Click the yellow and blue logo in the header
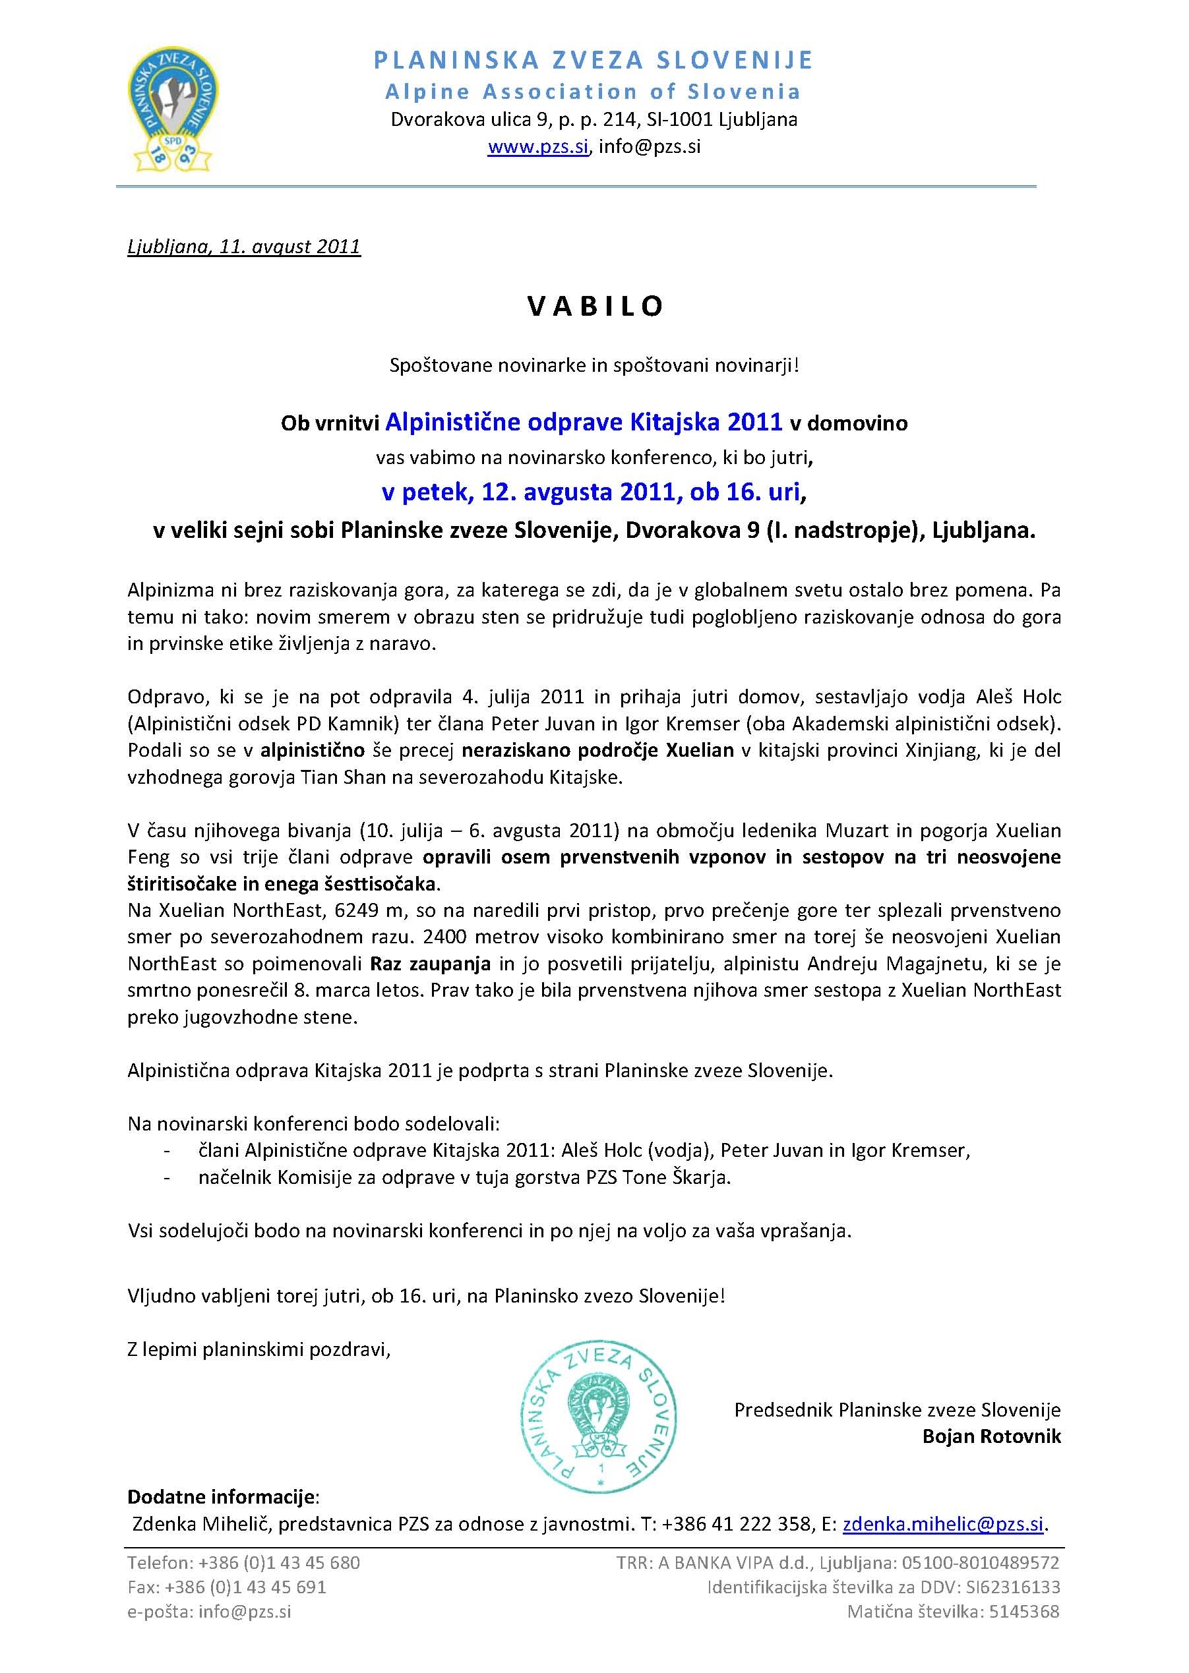tap(173, 110)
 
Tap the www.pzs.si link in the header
tap(538, 147)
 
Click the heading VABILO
tap(595, 306)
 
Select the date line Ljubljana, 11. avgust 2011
tap(244, 246)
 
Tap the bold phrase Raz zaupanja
tap(431, 963)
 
